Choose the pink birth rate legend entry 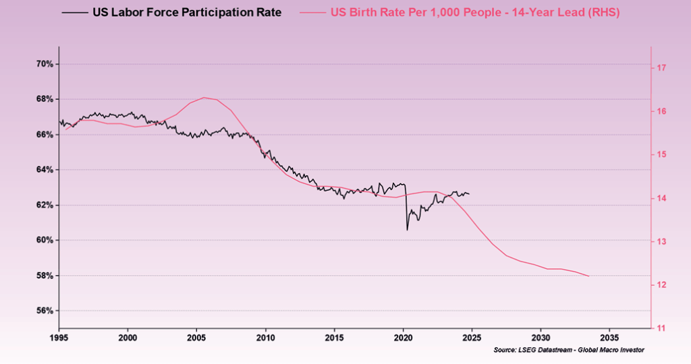pos(475,12)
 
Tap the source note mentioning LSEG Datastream pos(569,351)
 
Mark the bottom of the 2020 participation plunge pos(407,230)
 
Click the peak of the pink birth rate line pos(204,98)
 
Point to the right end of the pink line pos(589,276)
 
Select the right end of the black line pos(469,194)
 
